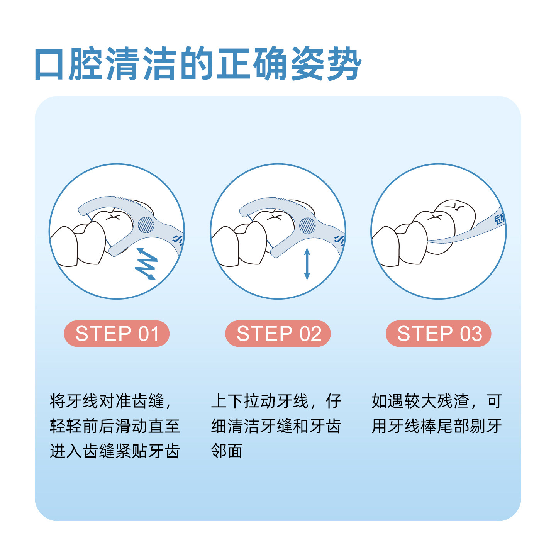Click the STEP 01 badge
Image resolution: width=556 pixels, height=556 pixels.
tap(117, 334)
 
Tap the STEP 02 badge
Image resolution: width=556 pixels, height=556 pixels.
tap(278, 334)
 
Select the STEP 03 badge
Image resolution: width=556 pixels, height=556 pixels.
tap(439, 334)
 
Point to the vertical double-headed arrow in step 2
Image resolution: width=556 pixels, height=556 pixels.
tap(307, 264)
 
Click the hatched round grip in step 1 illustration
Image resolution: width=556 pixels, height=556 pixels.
tap(146, 225)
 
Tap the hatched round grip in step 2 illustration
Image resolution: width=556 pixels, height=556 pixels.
tap(307, 225)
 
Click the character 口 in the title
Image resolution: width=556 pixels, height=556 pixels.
tap(49, 64)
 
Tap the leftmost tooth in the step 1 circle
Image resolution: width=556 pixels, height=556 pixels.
tap(64, 247)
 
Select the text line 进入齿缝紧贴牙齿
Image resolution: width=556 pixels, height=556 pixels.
tap(115, 451)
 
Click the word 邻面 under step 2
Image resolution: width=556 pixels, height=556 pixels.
tap(227, 451)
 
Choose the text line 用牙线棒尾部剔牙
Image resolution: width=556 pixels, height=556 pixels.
tap(437, 426)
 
